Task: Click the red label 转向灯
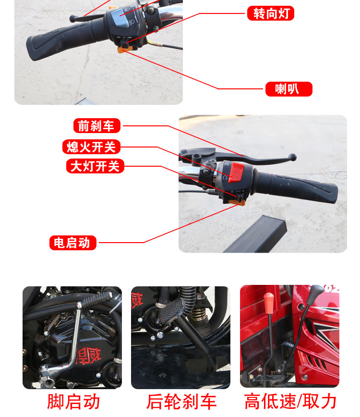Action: tap(270, 13)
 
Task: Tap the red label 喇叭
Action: tap(289, 89)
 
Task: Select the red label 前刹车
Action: tap(96, 125)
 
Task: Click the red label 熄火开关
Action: tap(91, 147)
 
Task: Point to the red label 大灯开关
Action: tap(95, 166)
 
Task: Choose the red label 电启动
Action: tap(73, 243)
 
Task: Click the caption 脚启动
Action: tap(73, 402)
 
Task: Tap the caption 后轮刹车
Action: tap(181, 402)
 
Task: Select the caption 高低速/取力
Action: tap(290, 402)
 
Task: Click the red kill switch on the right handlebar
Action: tap(236, 172)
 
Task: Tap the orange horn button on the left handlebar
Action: tap(124, 49)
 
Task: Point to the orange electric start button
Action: tap(237, 203)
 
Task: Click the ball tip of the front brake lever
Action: tap(292, 157)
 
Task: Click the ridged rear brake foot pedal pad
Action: tap(171, 310)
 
